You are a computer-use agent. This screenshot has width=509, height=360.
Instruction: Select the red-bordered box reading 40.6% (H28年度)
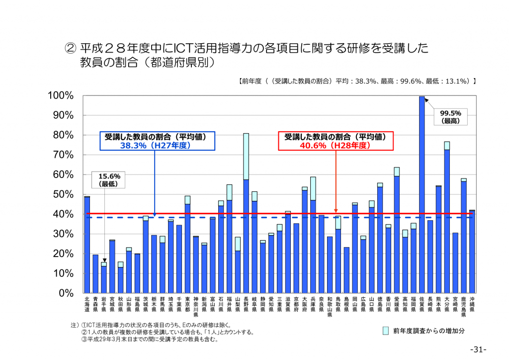335,141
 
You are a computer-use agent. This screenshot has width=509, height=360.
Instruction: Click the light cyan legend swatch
385,331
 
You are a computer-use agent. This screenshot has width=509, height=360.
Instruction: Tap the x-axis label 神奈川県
196,306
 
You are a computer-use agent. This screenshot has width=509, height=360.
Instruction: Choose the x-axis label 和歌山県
330,306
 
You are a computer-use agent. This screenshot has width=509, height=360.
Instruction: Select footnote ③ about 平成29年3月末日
149,340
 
